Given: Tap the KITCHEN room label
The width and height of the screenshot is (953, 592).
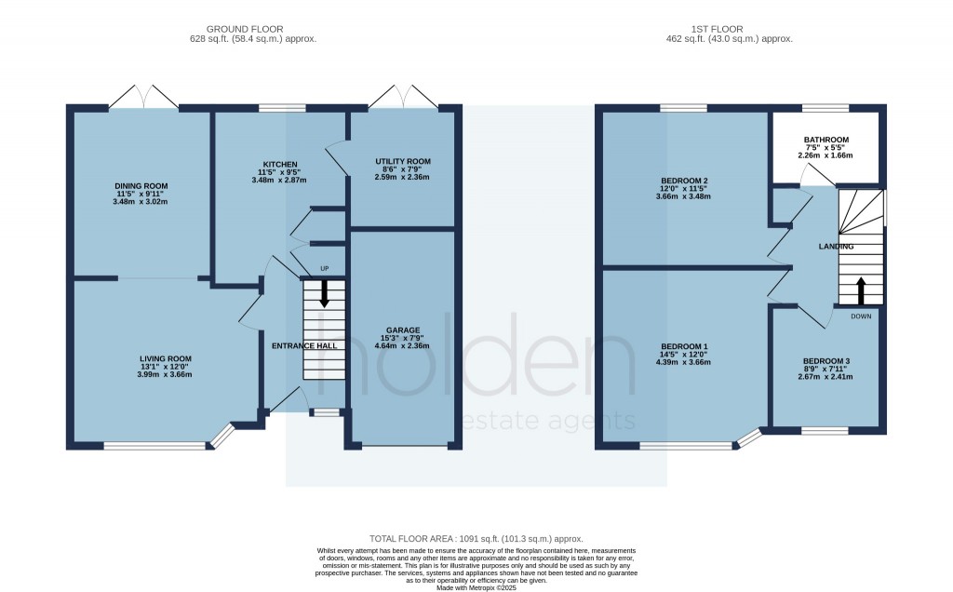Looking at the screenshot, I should pyautogui.click(x=279, y=165).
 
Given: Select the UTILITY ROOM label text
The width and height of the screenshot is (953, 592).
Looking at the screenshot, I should pyautogui.click(x=403, y=161).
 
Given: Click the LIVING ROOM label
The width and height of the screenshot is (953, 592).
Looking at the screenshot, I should pyautogui.click(x=165, y=358).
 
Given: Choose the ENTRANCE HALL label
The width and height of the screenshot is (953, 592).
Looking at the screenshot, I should pyautogui.click(x=303, y=345).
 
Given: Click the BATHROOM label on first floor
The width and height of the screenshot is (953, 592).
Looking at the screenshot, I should pyautogui.click(x=826, y=141).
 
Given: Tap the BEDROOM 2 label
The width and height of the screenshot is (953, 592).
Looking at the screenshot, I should pyautogui.click(x=685, y=181).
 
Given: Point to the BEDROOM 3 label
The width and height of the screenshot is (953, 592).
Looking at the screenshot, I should pyautogui.click(x=826, y=361).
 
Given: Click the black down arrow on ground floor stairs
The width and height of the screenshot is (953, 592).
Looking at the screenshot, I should pyautogui.click(x=324, y=293).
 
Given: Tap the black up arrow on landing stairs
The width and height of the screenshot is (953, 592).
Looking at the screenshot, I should pyautogui.click(x=861, y=290).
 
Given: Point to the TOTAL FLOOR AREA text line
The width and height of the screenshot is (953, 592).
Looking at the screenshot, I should pyautogui.click(x=476, y=538).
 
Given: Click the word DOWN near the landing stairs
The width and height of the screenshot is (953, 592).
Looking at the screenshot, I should pyautogui.click(x=861, y=316).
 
